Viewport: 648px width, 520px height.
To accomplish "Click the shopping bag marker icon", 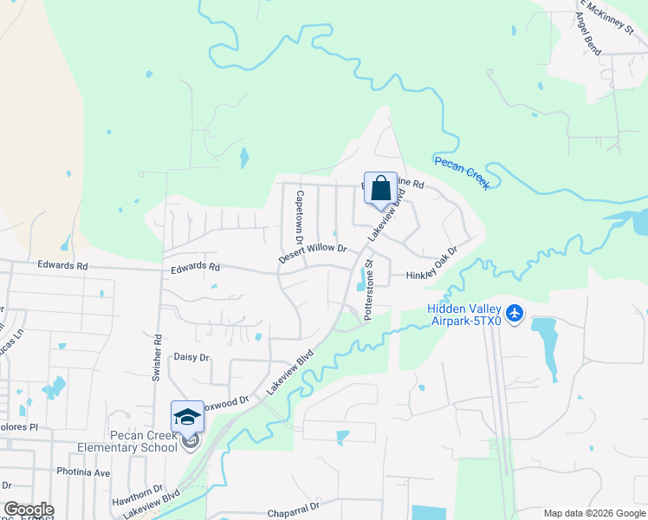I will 380,188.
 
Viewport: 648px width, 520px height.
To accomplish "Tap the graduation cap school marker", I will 187,417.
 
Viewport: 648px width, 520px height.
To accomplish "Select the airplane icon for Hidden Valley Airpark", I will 515,312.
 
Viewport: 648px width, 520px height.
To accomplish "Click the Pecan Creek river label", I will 462,167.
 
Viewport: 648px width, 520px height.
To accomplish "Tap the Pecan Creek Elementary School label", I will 131,441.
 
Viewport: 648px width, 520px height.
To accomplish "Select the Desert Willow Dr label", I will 312,254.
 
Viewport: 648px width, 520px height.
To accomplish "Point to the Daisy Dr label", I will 191,357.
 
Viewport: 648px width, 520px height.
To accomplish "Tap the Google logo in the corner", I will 29,510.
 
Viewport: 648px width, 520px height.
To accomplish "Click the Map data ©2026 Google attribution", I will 594,513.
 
